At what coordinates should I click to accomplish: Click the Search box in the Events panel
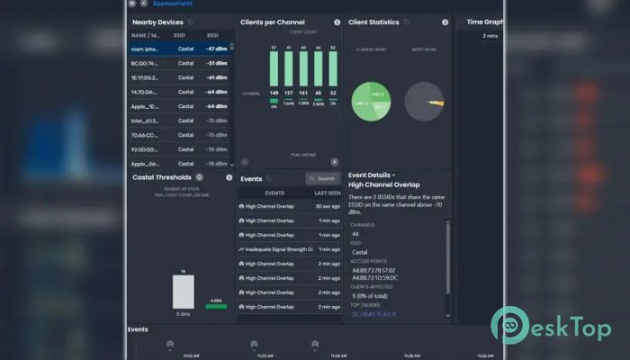323,178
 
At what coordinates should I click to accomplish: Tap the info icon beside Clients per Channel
337,22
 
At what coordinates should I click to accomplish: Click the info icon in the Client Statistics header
445,22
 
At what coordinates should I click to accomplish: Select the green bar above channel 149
274,68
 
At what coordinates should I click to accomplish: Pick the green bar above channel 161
303,68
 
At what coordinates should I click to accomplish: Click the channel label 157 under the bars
288,93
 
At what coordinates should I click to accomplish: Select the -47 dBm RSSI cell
215,49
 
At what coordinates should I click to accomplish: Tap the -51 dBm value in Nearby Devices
215,63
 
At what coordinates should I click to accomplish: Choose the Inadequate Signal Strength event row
275,248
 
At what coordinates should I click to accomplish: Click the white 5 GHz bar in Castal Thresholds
183,292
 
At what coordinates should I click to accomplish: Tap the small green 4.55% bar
215,306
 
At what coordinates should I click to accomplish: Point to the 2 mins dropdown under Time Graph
490,36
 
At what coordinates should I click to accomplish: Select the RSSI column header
212,35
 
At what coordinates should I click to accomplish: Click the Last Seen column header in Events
326,193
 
